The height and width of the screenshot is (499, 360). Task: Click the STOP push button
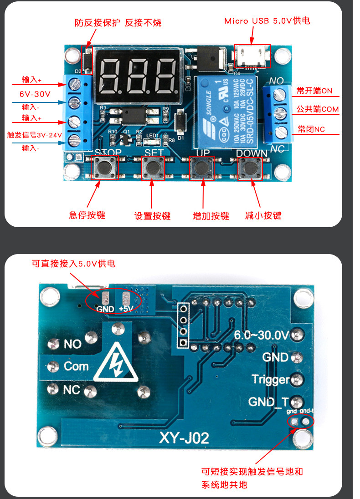click(x=105, y=168)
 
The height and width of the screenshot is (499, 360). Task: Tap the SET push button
click(x=153, y=168)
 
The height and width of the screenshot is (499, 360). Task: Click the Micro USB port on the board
click(x=252, y=56)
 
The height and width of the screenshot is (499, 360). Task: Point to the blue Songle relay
click(x=226, y=112)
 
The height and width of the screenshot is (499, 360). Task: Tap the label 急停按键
click(x=87, y=215)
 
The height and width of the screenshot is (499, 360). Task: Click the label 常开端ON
click(x=314, y=91)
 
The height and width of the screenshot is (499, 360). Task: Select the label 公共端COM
click(x=318, y=109)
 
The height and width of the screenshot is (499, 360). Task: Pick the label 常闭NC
click(x=311, y=129)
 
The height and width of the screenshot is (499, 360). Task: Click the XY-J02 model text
click(x=184, y=438)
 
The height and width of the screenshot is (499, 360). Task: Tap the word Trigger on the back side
click(x=271, y=379)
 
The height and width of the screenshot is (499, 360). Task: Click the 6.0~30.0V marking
click(x=261, y=336)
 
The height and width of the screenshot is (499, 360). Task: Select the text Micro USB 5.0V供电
click(x=267, y=21)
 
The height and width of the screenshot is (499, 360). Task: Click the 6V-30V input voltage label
click(x=35, y=94)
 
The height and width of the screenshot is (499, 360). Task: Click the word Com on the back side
click(x=76, y=366)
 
